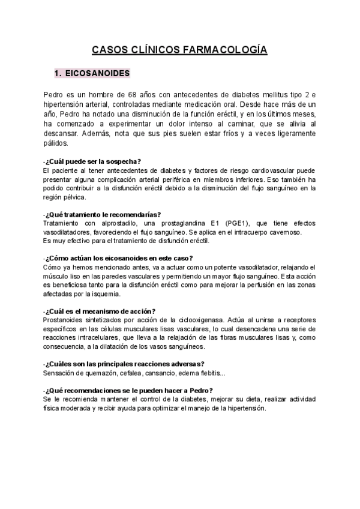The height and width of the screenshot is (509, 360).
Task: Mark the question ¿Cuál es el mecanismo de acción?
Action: pyautogui.click(x=99, y=311)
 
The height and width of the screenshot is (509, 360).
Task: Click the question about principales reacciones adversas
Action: pyautogui.click(x=123, y=364)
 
